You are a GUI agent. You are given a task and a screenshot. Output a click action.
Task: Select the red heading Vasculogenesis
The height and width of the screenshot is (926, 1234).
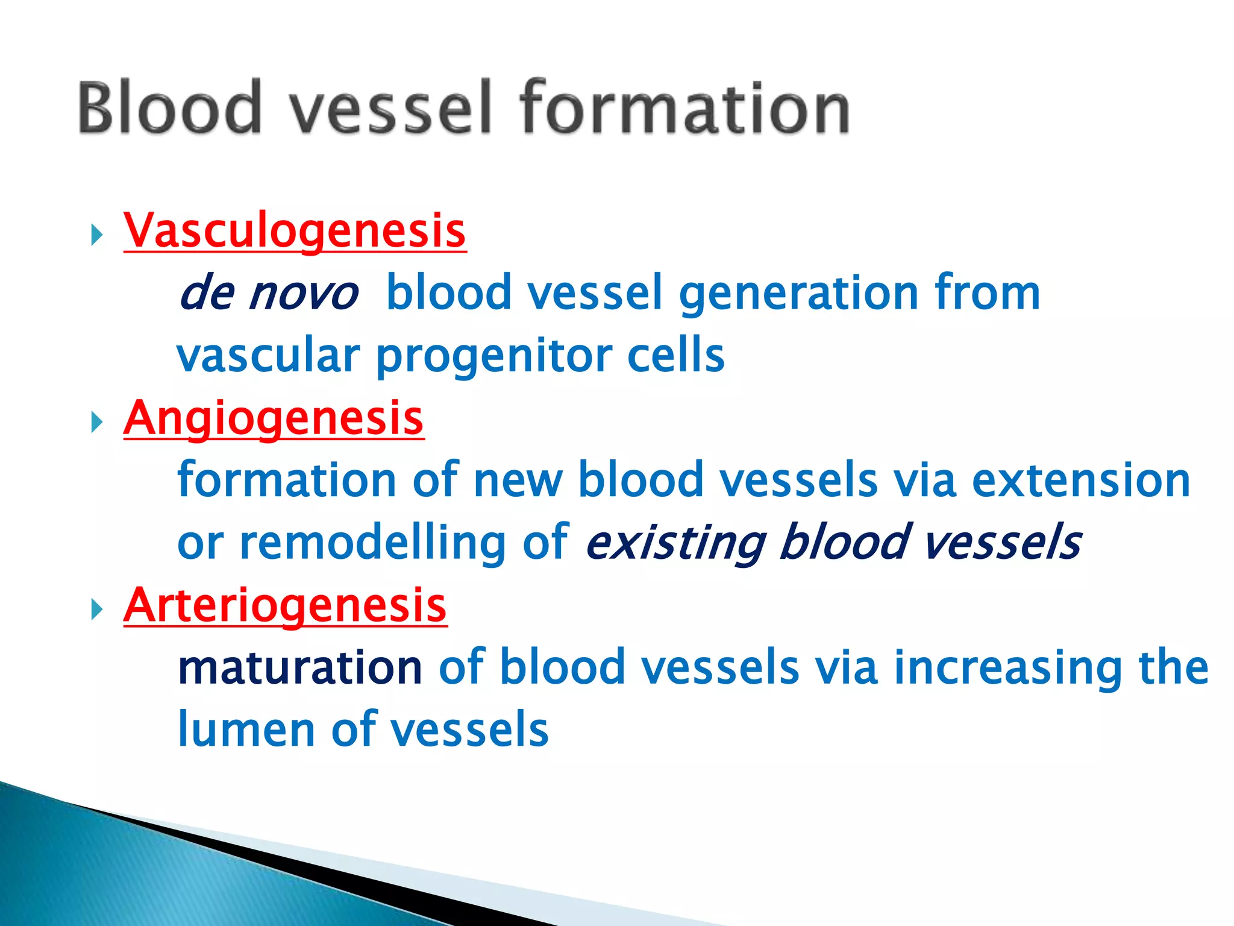(x=295, y=231)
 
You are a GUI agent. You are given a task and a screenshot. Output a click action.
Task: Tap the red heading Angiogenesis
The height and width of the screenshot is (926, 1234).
(x=274, y=418)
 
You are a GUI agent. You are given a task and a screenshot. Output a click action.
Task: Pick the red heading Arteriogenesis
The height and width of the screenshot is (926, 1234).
(x=285, y=605)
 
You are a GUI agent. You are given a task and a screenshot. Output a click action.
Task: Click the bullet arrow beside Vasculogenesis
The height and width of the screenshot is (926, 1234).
(x=96, y=235)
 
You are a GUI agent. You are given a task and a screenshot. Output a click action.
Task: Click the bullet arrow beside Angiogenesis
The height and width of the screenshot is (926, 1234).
(x=96, y=422)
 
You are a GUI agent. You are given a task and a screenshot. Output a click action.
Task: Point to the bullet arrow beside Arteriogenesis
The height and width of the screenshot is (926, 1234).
(x=96, y=609)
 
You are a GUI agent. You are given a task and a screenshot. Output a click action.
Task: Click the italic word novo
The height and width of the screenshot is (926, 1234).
(x=304, y=294)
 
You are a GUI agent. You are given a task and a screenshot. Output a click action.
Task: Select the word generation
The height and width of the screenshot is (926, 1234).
(x=798, y=294)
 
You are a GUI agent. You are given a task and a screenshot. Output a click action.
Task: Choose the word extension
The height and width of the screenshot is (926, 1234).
(x=1081, y=480)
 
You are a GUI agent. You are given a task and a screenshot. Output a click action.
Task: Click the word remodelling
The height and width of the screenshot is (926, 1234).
(x=373, y=543)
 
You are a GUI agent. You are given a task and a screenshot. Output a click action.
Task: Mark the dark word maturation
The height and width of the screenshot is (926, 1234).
(x=300, y=668)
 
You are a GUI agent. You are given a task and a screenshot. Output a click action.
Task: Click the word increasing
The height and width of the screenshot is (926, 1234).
(x=1007, y=668)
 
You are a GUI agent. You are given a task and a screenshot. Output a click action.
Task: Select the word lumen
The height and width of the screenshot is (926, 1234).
(x=247, y=730)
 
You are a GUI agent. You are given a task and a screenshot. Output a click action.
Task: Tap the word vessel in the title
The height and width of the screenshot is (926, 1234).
(x=390, y=107)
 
